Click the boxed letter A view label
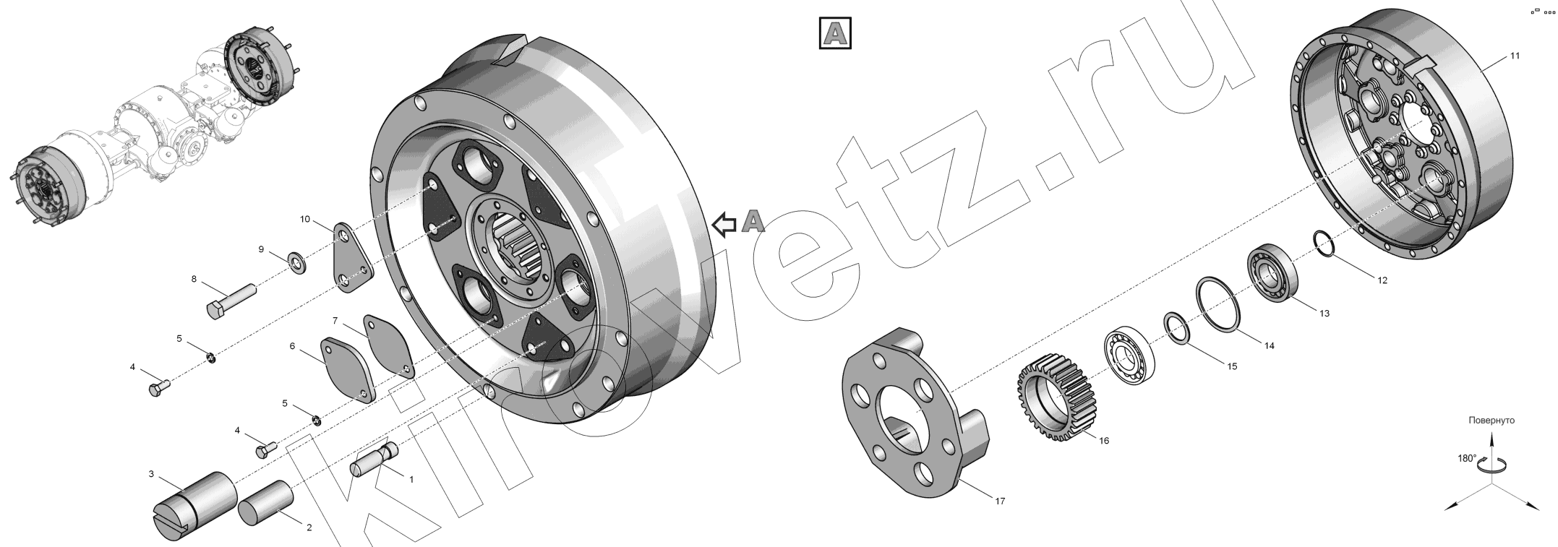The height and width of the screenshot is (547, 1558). pos(835,33)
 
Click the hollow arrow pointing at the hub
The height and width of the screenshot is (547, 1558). pos(724,225)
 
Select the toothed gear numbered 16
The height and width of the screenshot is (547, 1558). pos(1056,397)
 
